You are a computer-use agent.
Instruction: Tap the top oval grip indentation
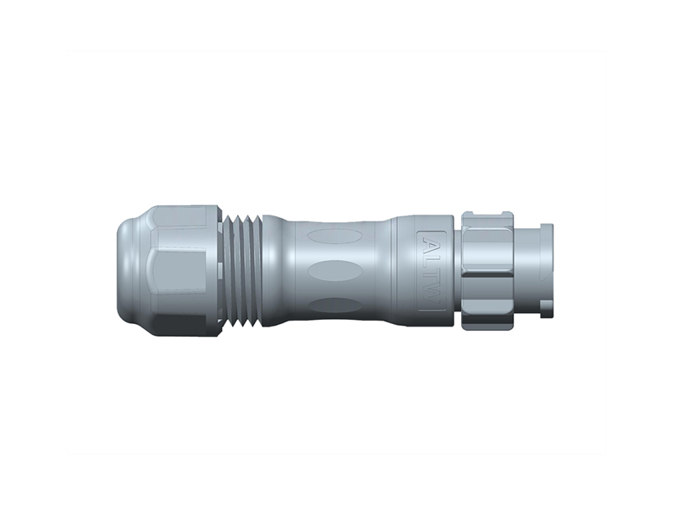[x=334, y=236]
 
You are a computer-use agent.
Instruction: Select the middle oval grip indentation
[x=334, y=271]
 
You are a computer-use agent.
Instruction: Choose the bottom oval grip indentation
[x=334, y=305]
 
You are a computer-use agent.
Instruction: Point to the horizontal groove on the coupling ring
[x=486, y=271]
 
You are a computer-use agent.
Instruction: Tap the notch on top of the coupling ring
[x=486, y=216]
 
